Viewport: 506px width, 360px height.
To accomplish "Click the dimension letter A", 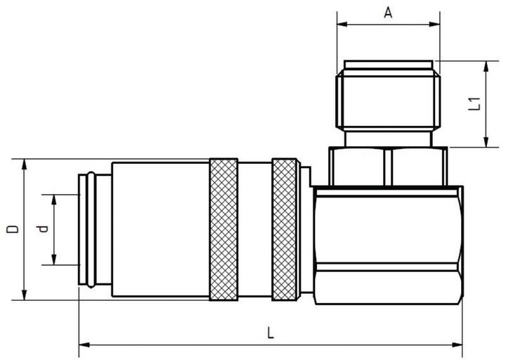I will click(388, 12).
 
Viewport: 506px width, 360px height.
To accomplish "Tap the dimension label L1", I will click(475, 103).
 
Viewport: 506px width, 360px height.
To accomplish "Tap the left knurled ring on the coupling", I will click(223, 229).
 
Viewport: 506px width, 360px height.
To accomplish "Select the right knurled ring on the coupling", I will click(285, 229).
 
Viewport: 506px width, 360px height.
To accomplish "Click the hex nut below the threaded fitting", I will click(388, 165).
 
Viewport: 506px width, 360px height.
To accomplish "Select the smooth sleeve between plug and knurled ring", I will click(160, 229).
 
